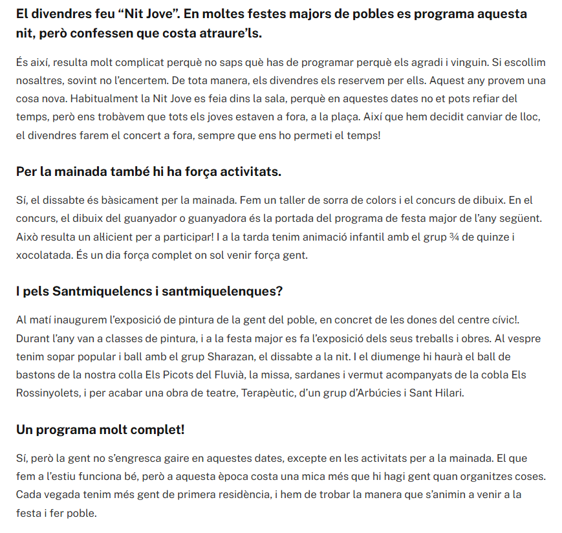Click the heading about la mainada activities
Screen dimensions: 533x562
point(148,172)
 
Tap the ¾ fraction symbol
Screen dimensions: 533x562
point(456,236)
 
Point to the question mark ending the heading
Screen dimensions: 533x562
point(279,291)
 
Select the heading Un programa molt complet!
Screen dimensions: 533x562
point(100,430)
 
